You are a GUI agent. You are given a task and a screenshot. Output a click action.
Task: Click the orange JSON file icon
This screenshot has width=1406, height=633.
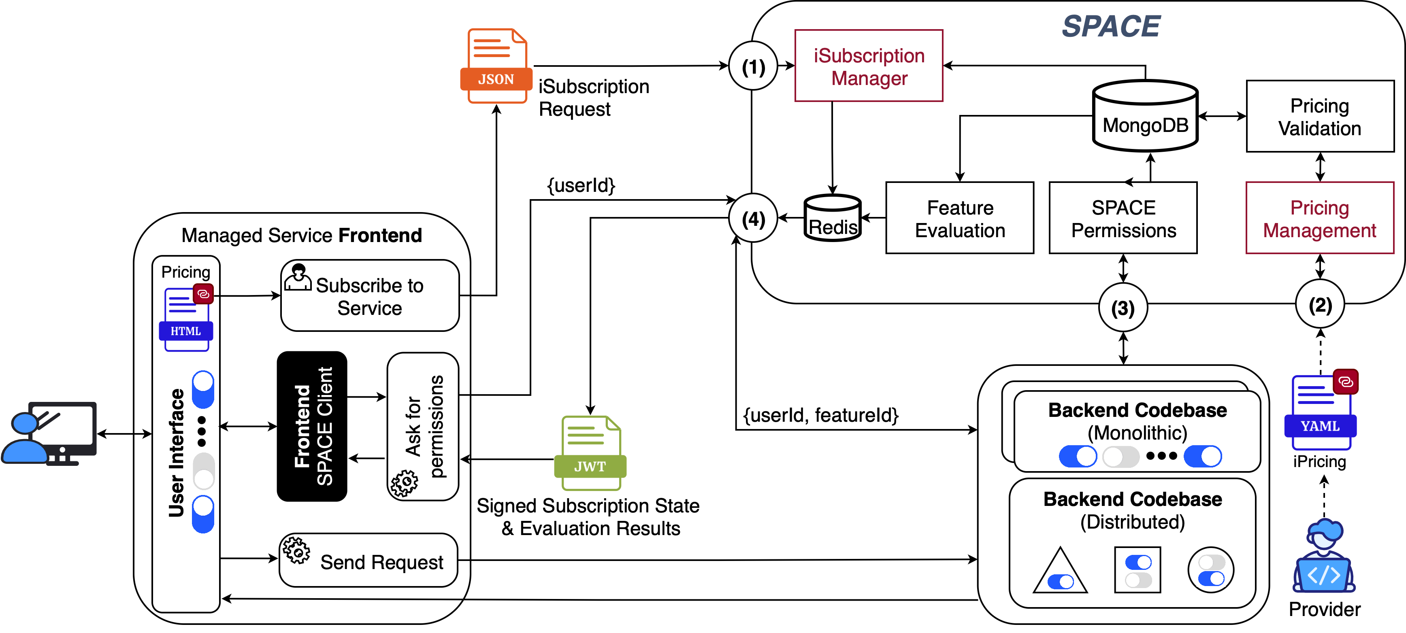(496, 66)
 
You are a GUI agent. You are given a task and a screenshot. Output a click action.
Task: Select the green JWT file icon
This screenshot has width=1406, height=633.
(590, 453)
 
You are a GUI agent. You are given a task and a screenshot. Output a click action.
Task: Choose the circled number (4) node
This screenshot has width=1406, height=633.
(753, 219)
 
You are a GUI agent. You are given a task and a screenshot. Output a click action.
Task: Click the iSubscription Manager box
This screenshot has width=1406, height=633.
(869, 66)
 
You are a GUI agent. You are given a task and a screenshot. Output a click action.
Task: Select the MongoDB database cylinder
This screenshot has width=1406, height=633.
(1145, 116)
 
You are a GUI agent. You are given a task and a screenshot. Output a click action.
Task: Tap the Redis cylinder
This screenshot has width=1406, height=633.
(833, 218)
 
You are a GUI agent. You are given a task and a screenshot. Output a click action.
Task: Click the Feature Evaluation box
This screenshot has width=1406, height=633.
(959, 218)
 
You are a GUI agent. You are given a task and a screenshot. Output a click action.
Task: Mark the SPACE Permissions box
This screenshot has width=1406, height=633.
(1123, 218)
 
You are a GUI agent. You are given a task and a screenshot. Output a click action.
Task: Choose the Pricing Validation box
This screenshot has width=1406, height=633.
(1320, 116)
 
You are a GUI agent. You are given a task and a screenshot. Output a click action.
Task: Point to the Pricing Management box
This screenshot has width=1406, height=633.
(1320, 218)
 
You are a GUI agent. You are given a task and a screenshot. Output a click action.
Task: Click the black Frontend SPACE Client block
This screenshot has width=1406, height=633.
(312, 426)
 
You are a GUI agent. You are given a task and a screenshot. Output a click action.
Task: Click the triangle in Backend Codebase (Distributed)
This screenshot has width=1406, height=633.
(1060, 572)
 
